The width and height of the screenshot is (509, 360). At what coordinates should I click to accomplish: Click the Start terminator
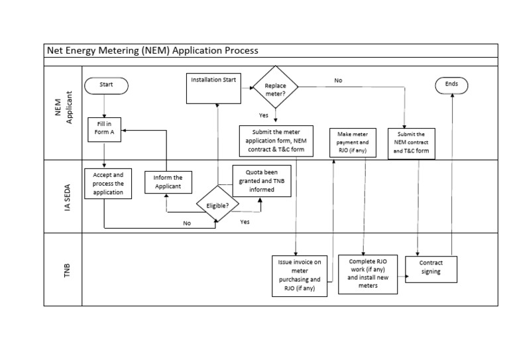106,85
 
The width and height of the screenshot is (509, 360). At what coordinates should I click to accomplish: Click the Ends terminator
451,85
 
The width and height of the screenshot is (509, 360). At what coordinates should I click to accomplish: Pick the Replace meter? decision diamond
274,90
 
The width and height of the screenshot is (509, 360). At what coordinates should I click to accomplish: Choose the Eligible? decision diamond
217,206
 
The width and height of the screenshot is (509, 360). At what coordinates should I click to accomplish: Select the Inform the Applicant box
168,182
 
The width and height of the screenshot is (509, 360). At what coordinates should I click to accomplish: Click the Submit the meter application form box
275,141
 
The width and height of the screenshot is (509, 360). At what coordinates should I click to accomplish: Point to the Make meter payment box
353,143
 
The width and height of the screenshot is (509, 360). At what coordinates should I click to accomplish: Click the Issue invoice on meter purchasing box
300,274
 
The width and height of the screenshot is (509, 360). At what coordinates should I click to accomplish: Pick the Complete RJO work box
367,273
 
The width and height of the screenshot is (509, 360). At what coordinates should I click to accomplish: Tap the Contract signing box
431,267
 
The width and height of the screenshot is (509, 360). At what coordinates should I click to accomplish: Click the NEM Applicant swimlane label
62,112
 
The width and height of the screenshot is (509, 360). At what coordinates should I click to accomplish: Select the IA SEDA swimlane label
62,196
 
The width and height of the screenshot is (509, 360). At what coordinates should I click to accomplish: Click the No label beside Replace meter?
338,80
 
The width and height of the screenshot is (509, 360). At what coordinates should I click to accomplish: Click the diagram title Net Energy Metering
151,50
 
